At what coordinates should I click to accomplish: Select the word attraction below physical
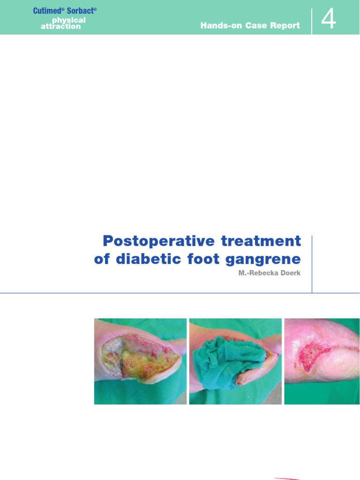coord(60,27)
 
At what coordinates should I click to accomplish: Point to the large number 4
coord(329,20)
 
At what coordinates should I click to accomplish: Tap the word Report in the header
coord(284,26)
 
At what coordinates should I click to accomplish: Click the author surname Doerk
coord(290,273)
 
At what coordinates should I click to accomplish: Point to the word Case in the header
coord(255,26)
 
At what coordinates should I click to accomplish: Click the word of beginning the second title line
coord(102,259)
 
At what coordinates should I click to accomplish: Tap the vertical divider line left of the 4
coord(312,21)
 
